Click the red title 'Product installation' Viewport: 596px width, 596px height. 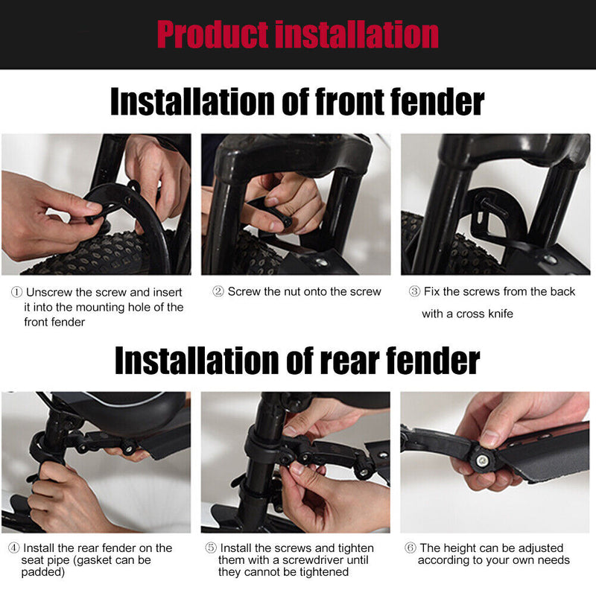[297, 34]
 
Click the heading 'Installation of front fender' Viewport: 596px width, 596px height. [297, 101]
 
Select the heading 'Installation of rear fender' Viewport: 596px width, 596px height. [297, 360]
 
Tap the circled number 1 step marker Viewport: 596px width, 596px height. [16, 292]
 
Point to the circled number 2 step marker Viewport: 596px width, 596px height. [218, 292]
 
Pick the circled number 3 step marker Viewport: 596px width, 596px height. [414, 292]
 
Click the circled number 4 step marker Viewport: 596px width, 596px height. [14, 548]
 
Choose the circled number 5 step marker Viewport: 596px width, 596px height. [210, 548]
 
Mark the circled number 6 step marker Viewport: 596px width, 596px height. [410, 548]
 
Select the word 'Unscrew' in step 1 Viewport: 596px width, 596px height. [49, 292]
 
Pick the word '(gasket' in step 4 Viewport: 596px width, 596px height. [98, 560]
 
